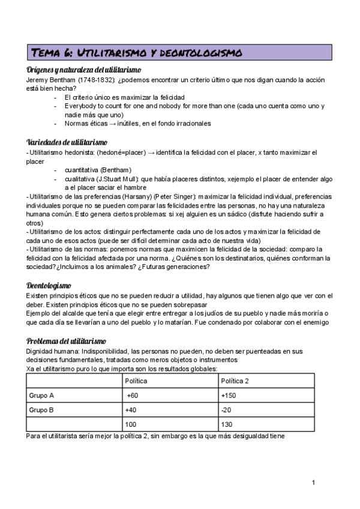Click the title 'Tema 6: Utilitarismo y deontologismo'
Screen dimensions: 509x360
[136, 53]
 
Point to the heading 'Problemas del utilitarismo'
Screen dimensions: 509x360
[67, 341]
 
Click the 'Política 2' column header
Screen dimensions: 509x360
[235, 381]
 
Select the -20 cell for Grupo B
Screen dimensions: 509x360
[226, 410]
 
